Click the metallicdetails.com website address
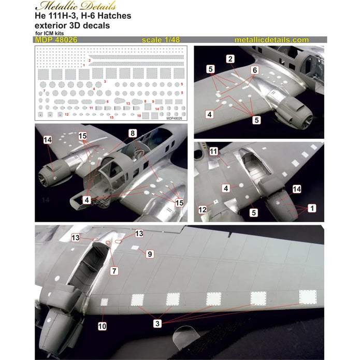pyautogui.click(x=271, y=40)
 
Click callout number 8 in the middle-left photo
pyautogui.click(x=133, y=133)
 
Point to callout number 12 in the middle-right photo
pyautogui.click(x=203, y=210)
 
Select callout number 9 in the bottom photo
pyautogui.click(x=150, y=254)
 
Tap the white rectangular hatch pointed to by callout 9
pyautogui.click(x=134, y=248)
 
